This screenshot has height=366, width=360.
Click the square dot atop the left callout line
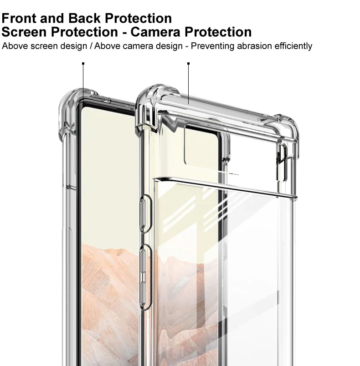83,64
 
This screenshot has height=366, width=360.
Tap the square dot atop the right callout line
188,64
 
